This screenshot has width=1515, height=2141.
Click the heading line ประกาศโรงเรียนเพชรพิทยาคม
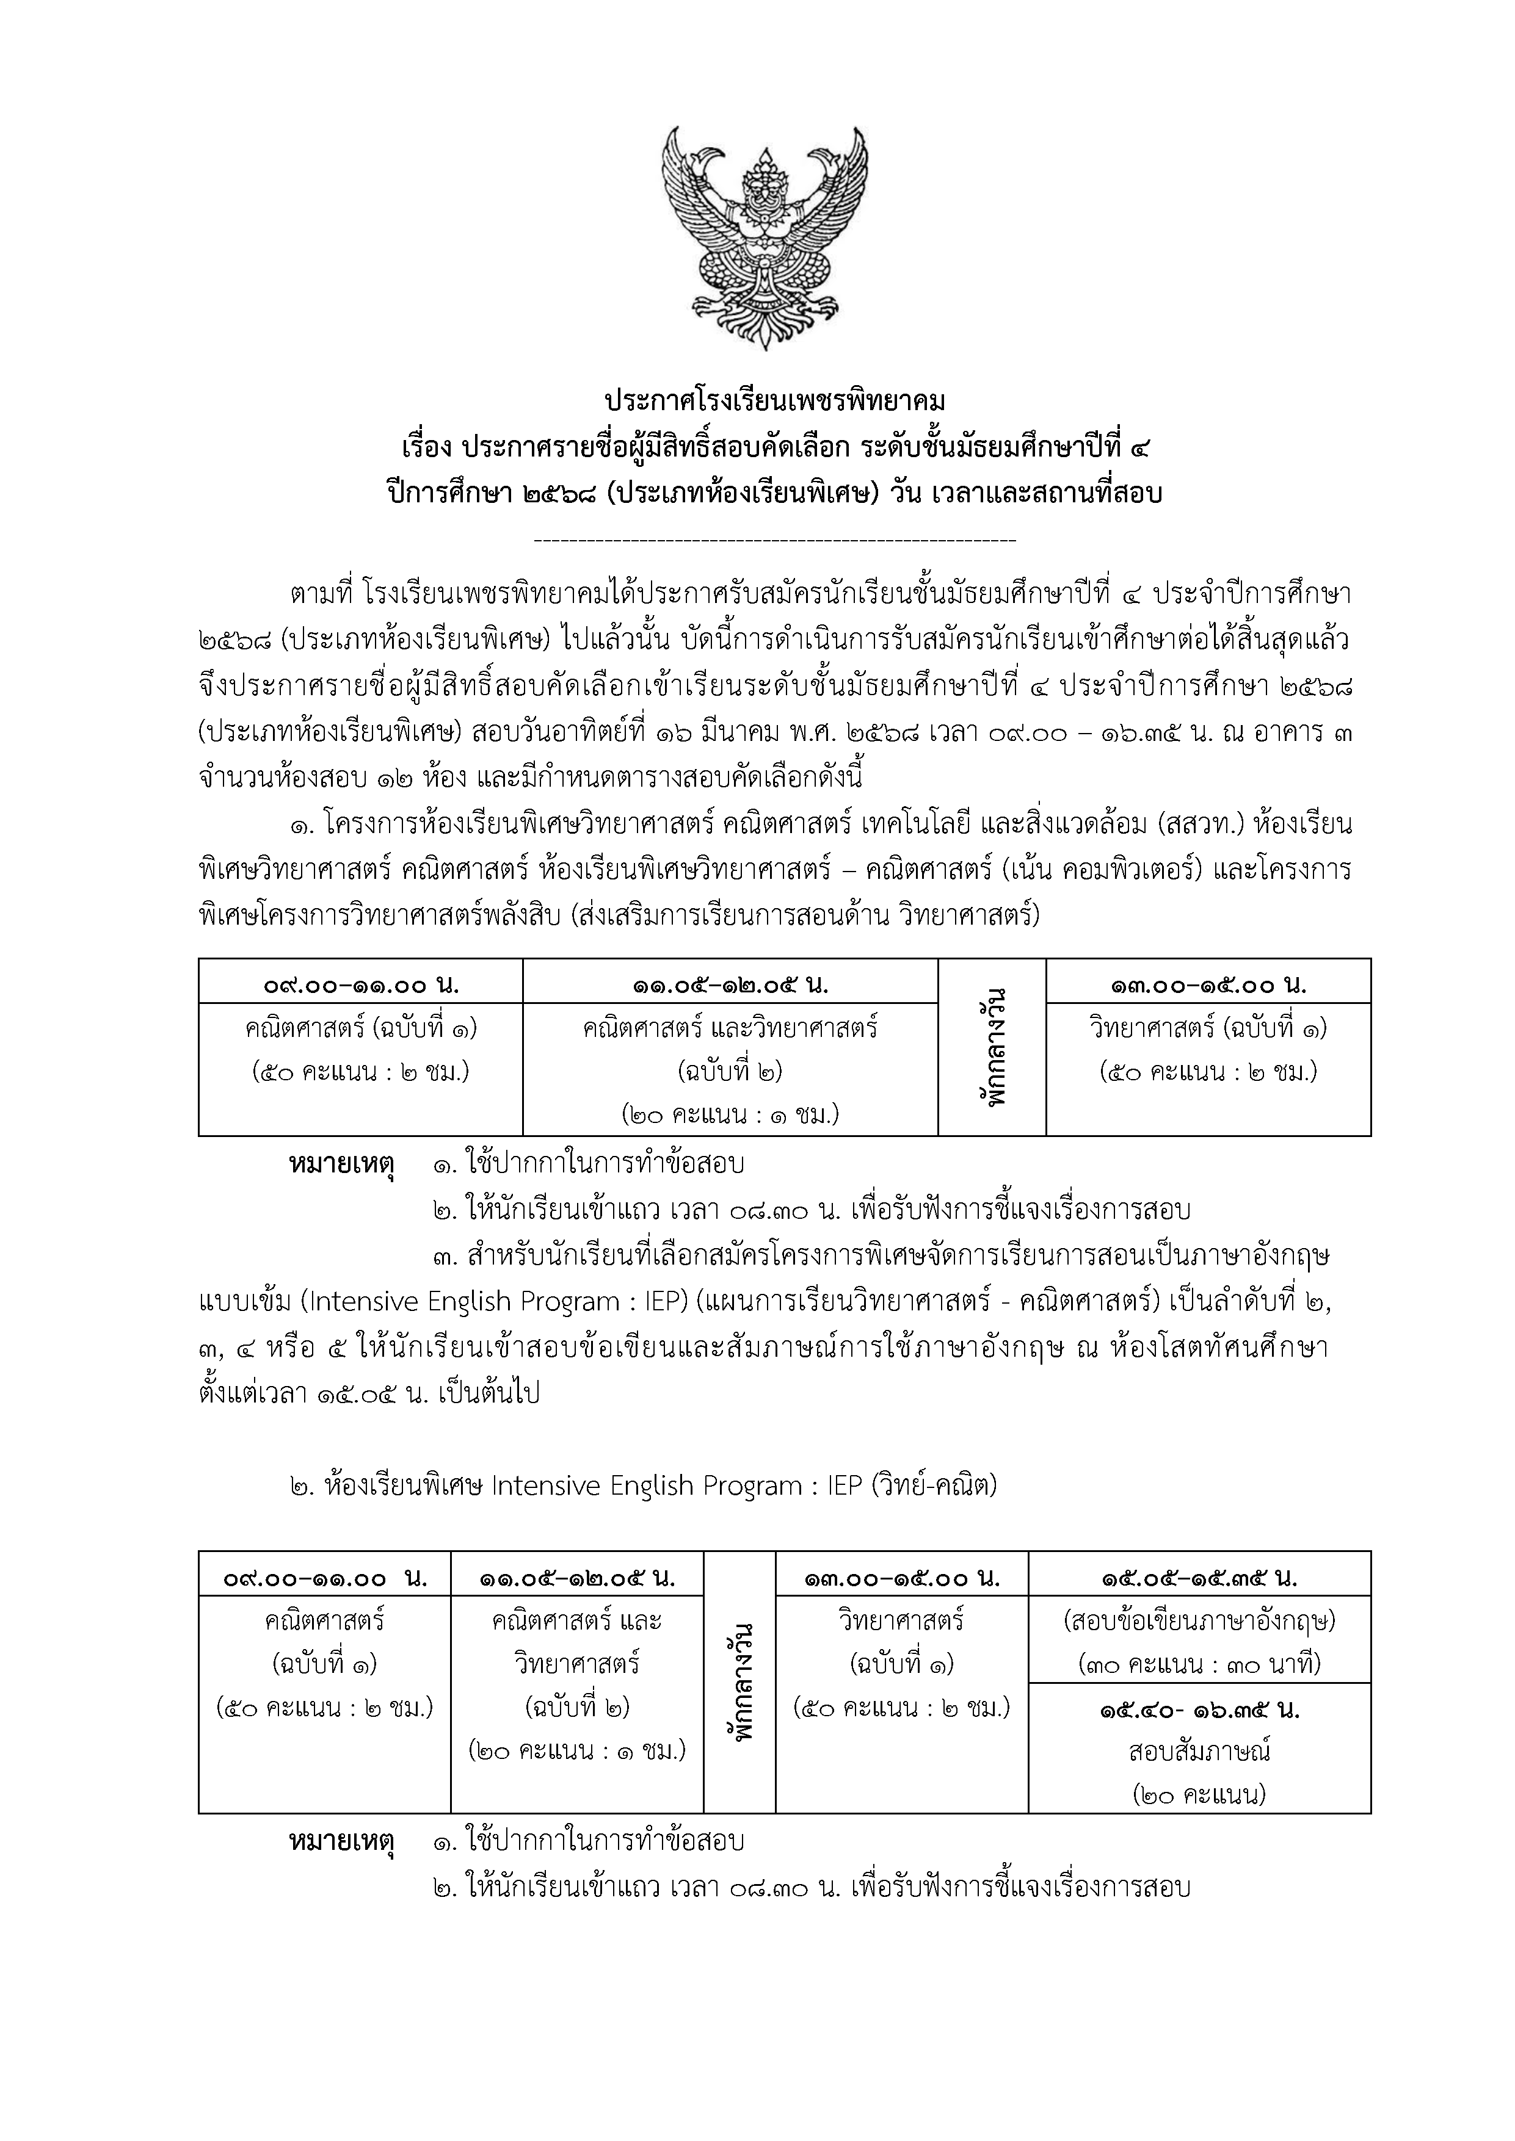(x=774, y=402)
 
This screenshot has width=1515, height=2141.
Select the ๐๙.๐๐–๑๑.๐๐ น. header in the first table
(x=360, y=984)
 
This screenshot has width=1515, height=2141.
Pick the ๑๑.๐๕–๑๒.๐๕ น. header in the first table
(x=730, y=984)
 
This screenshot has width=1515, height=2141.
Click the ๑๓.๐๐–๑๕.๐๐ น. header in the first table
(x=1208, y=984)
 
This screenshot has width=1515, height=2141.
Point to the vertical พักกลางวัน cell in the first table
(x=992, y=1046)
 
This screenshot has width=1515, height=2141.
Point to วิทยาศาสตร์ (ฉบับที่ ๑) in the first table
(x=1208, y=1028)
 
